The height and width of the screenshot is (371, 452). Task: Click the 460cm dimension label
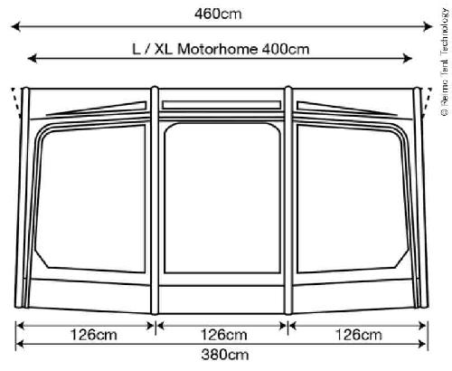(223, 13)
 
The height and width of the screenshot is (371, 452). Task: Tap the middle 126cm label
(223, 335)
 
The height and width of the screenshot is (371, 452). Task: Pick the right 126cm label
(357, 335)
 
